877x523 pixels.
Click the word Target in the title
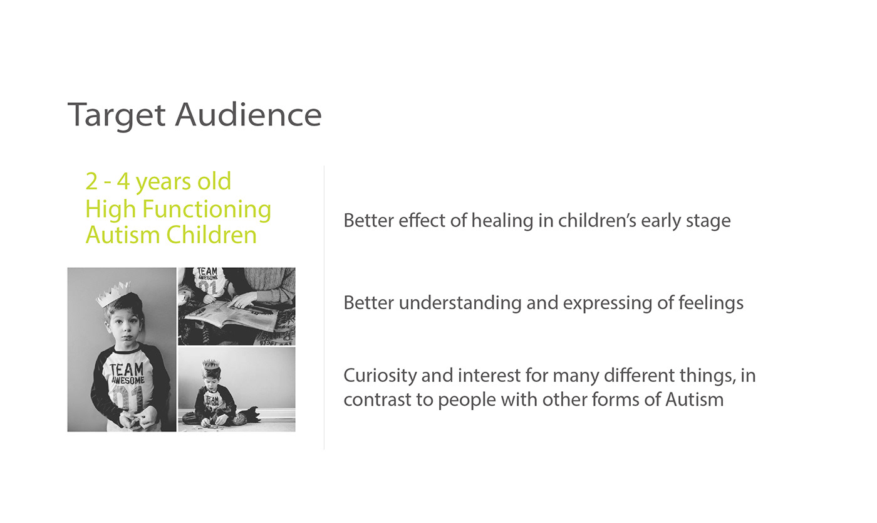pos(117,115)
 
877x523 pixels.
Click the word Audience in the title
pos(248,115)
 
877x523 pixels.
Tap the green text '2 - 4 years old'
pos(158,181)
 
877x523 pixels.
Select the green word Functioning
pos(206,209)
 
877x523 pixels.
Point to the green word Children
pos(212,235)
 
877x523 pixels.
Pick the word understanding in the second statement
pos(460,303)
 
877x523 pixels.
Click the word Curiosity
pos(380,376)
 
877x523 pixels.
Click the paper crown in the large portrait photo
pos(113,293)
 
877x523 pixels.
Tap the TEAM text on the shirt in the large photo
pos(127,369)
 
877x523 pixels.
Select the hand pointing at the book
pos(244,300)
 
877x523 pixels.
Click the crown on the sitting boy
pos(210,364)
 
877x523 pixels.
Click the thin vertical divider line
pos(324,307)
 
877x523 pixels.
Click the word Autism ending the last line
pos(695,400)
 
